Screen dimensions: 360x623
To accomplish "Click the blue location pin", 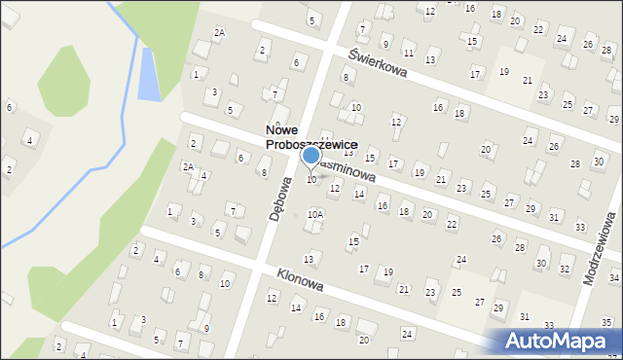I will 311,157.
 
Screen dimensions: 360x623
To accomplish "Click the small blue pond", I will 149,74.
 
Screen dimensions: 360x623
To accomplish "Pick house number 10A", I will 314,213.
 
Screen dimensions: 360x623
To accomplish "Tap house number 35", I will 605,322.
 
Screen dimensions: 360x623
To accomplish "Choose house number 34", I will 614,277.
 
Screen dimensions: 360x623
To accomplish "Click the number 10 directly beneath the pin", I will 311,179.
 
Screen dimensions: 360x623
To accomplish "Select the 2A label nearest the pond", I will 219,32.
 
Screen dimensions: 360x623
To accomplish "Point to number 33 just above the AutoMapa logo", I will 549,326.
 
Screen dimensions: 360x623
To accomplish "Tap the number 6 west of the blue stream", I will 9,106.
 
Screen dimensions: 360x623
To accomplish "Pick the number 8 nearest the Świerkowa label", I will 345,76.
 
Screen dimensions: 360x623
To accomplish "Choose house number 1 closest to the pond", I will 196,73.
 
